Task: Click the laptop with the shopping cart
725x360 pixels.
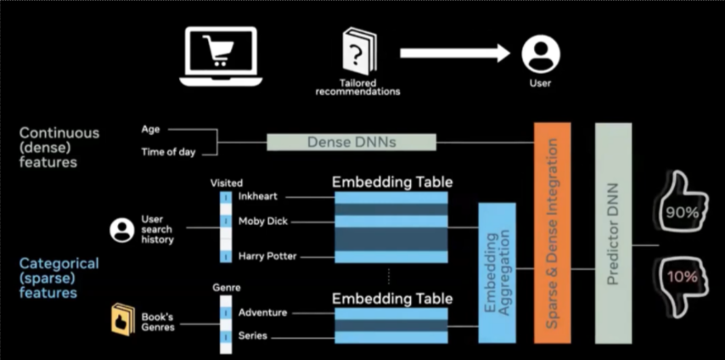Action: pyautogui.click(x=218, y=56)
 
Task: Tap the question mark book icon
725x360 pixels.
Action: pyautogui.click(x=357, y=55)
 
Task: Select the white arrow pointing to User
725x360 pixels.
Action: pyautogui.click(x=454, y=53)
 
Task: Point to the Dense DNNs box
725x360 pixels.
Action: pyautogui.click(x=351, y=142)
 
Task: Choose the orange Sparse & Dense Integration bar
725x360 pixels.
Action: pyautogui.click(x=552, y=232)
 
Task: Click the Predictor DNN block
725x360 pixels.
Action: pyautogui.click(x=614, y=232)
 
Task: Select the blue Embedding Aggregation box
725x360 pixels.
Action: pyautogui.click(x=496, y=274)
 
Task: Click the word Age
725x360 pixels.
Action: pyautogui.click(x=150, y=130)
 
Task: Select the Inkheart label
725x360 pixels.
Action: pyautogui.click(x=258, y=196)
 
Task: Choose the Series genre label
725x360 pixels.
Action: pyautogui.click(x=253, y=336)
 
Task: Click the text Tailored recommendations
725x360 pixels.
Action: pyautogui.click(x=357, y=87)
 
